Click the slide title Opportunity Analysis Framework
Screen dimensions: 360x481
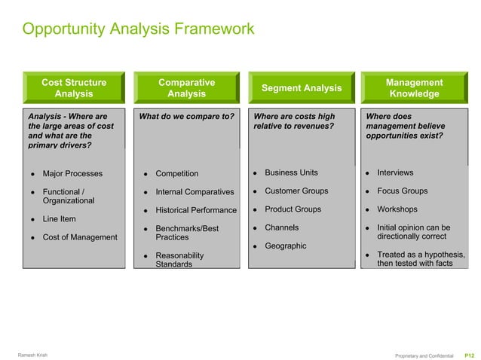point(138,30)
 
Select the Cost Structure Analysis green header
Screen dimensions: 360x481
point(74,88)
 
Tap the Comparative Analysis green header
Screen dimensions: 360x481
point(186,88)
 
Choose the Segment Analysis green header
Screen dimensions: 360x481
point(301,88)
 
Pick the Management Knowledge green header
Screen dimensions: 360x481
point(414,88)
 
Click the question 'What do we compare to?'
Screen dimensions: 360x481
point(186,117)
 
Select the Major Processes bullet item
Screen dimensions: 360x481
point(72,174)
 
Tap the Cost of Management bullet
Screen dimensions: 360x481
point(80,237)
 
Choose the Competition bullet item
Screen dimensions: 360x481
point(176,174)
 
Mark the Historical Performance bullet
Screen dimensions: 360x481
point(195,210)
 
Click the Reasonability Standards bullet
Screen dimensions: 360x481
point(179,260)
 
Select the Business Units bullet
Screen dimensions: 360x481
point(291,173)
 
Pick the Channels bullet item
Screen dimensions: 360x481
point(281,227)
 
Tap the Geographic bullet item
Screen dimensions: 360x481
point(285,246)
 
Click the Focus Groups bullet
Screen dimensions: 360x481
point(402,191)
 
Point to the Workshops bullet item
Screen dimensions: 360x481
point(397,209)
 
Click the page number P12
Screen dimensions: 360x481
point(469,355)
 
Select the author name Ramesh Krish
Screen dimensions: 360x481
point(32,355)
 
